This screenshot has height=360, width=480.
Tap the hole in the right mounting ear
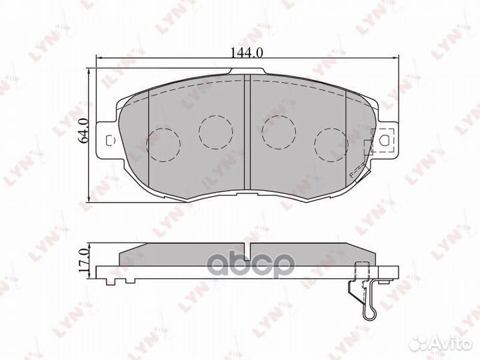(x=385, y=141)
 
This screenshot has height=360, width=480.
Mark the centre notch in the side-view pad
(x=246, y=253)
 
